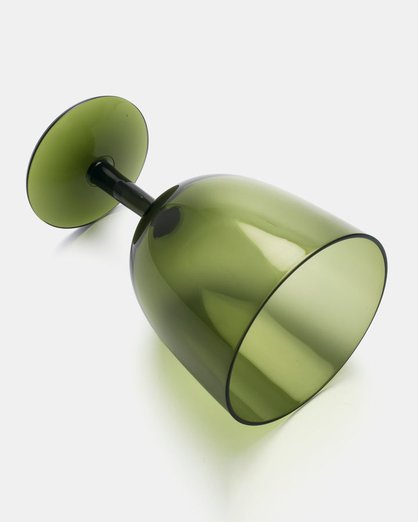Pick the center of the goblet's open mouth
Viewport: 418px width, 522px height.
click(307, 329)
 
